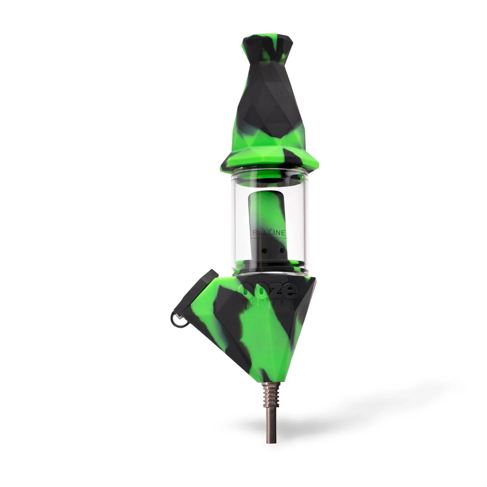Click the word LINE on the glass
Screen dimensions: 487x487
[278, 233]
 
